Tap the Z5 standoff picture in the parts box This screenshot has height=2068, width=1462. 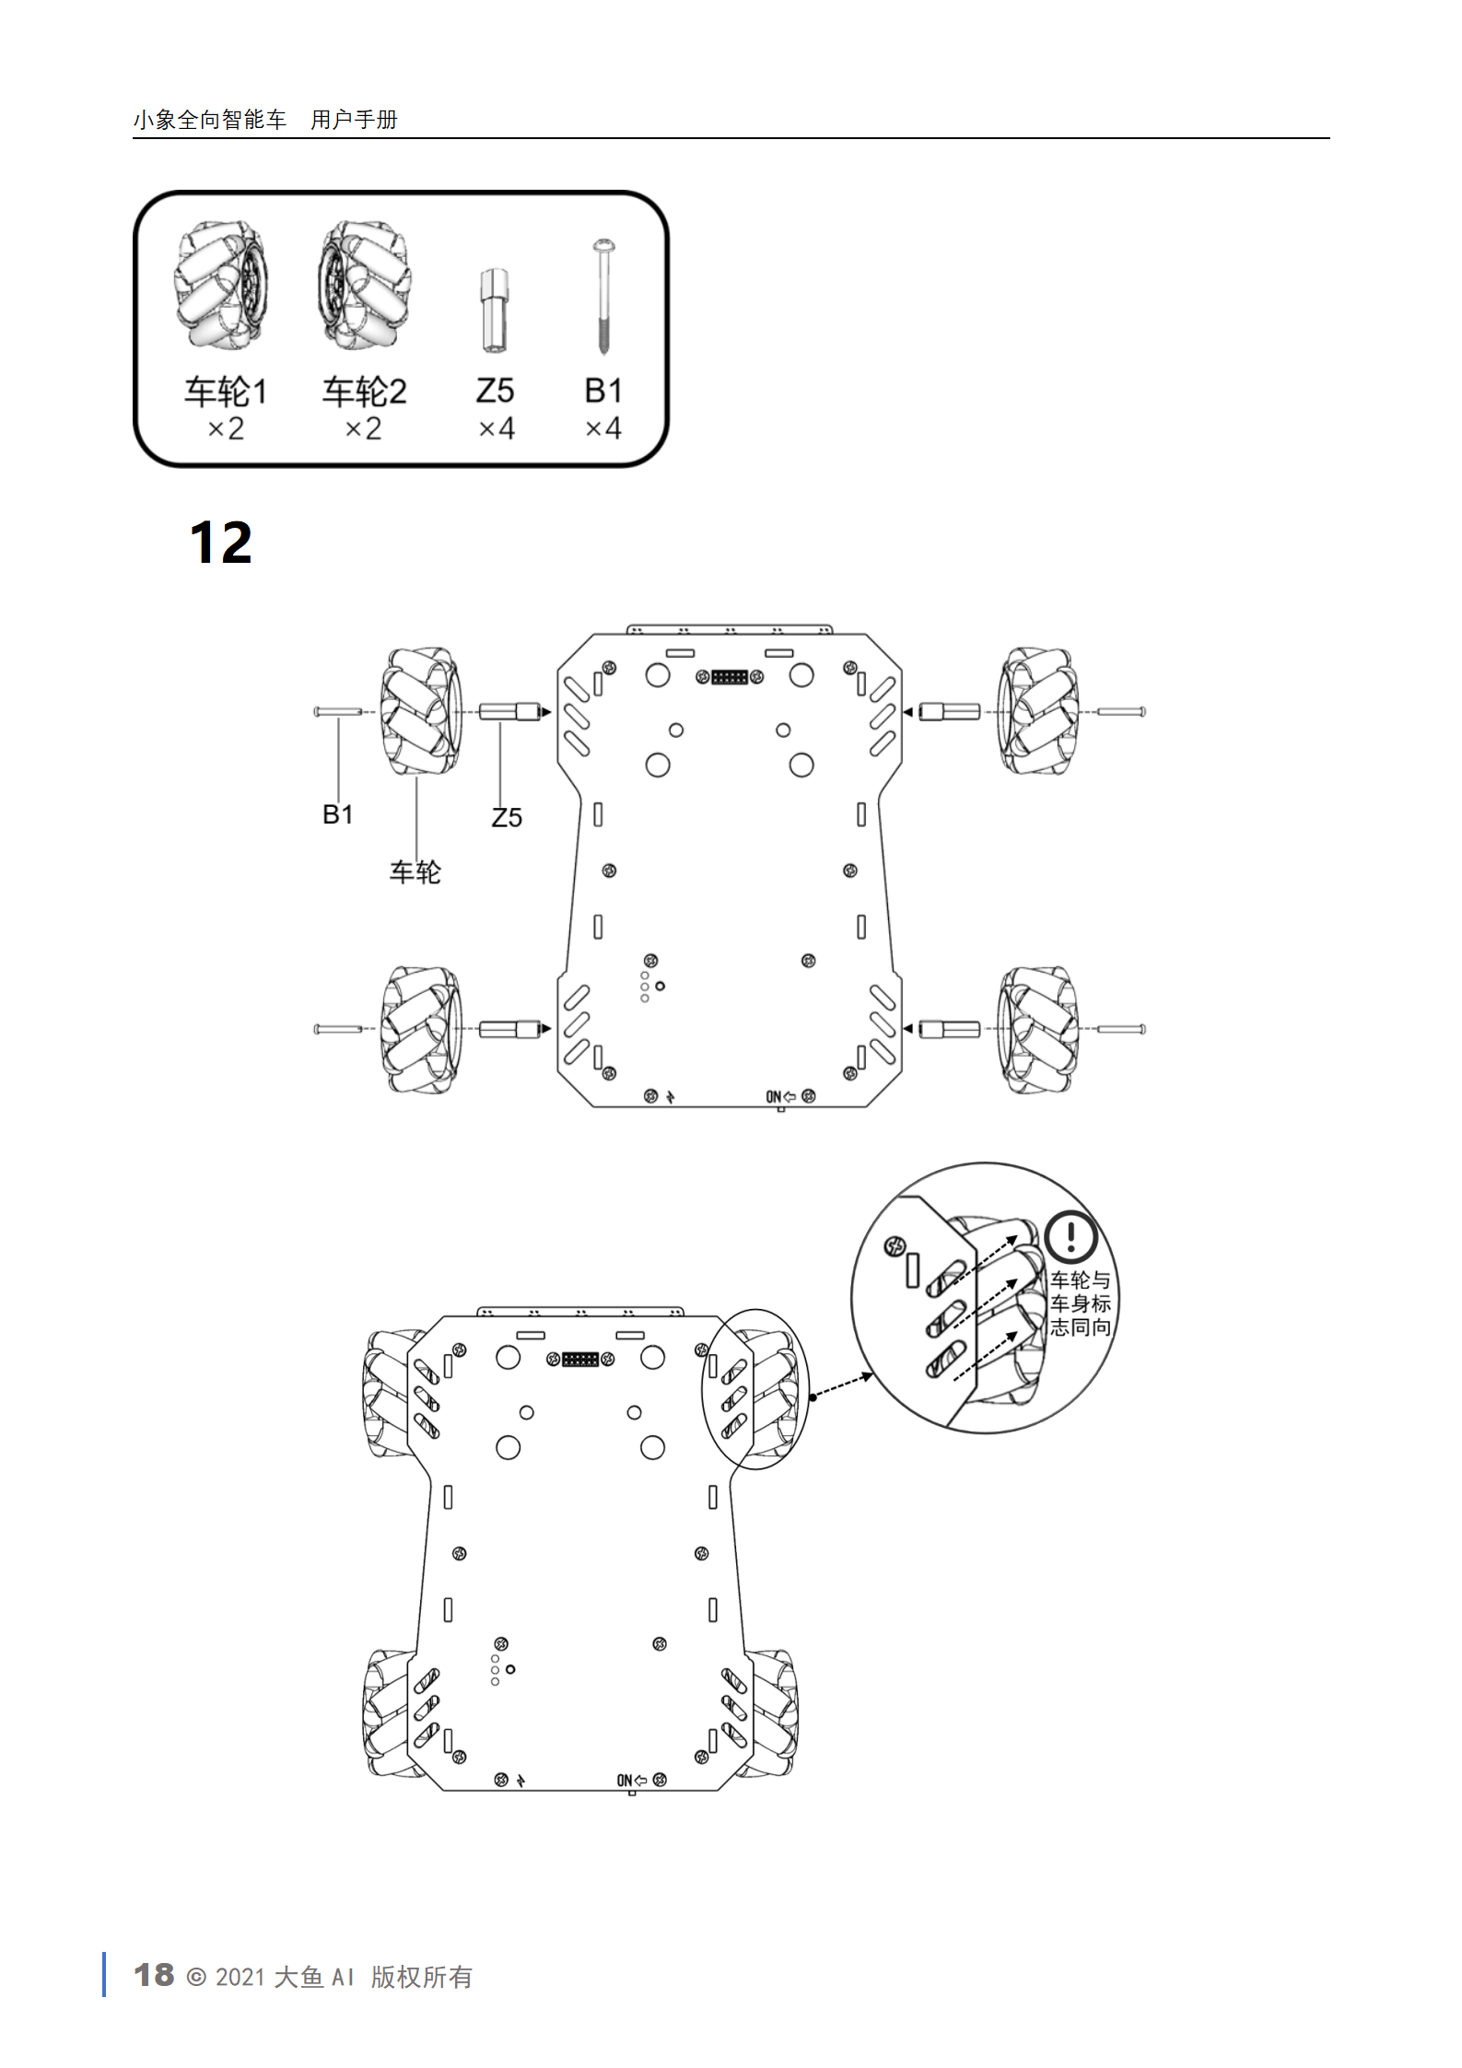(495, 311)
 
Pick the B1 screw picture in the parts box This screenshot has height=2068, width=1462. (604, 298)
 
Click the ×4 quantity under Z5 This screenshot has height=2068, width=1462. (497, 428)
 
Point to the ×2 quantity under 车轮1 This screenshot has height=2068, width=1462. (226, 428)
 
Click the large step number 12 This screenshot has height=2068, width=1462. (220, 543)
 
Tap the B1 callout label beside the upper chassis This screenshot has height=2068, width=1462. (337, 814)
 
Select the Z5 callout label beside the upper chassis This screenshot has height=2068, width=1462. (507, 817)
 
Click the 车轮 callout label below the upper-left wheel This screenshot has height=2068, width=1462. (415, 871)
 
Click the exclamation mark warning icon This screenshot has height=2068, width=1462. (1070, 1236)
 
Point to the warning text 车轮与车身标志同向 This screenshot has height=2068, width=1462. (1081, 1303)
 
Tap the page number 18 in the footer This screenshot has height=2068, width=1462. (154, 1974)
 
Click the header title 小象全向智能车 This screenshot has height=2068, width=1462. (210, 120)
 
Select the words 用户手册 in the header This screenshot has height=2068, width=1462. (354, 120)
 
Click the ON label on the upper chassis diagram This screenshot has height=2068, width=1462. (774, 1096)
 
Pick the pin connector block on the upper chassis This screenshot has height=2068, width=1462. (730, 677)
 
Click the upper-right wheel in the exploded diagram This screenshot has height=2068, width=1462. (1038, 710)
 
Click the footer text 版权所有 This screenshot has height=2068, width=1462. (422, 1976)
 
